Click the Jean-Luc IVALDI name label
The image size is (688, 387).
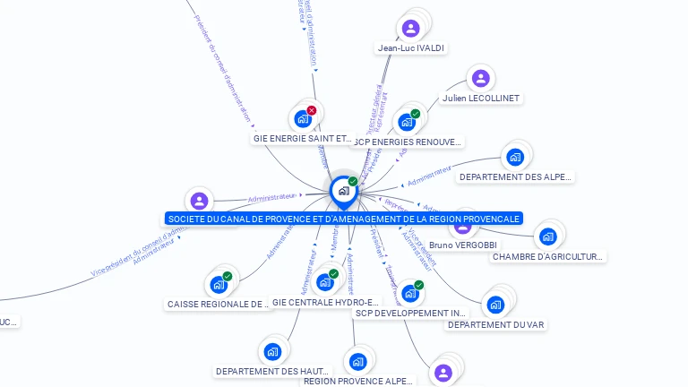click(x=411, y=47)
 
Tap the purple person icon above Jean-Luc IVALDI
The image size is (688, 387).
click(x=411, y=29)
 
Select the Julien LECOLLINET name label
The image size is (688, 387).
click(x=481, y=98)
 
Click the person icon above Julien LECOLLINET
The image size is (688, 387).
click(x=480, y=79)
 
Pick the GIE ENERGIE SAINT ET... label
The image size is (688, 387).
click(x=303, y=139)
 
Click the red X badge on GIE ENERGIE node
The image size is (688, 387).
click(x=312, y=110)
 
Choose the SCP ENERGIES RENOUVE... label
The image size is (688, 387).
click(x=408, y=142)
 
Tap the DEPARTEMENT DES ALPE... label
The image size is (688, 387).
click(x=514, y=177)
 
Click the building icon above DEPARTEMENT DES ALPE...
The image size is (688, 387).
click(x=514, y=157)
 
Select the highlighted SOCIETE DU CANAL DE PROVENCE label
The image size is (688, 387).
click(x=343, y=219)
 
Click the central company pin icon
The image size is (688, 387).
click(x=342, y=190)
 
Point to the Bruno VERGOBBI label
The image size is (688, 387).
click(x=463, y=245)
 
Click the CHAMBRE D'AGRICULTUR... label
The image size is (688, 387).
click(x=548, y=257)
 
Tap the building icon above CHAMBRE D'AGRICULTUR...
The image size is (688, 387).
click(x=547, y=236)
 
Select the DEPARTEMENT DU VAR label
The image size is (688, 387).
click(x=496, y=324)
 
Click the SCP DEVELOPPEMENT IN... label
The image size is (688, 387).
click(x=411, y=314)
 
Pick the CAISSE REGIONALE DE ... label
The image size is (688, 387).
click(x=219, y=305)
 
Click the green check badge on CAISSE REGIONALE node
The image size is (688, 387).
click(x=228, y=276)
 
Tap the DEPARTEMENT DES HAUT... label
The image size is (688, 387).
click(x=272, y=371)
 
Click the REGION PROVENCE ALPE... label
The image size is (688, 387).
click(x=358, y=381)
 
